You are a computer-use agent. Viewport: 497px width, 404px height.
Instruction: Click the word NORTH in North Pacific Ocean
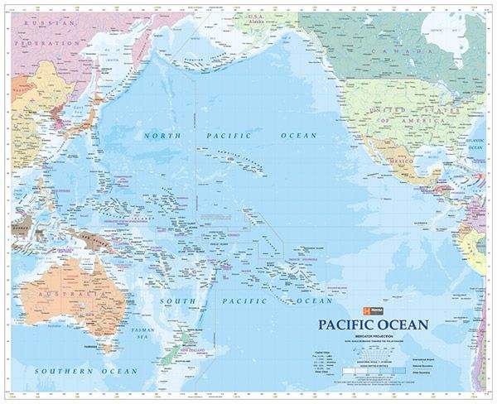click(162, 134)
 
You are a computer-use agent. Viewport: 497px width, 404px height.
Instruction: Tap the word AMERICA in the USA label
click(432, 121)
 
